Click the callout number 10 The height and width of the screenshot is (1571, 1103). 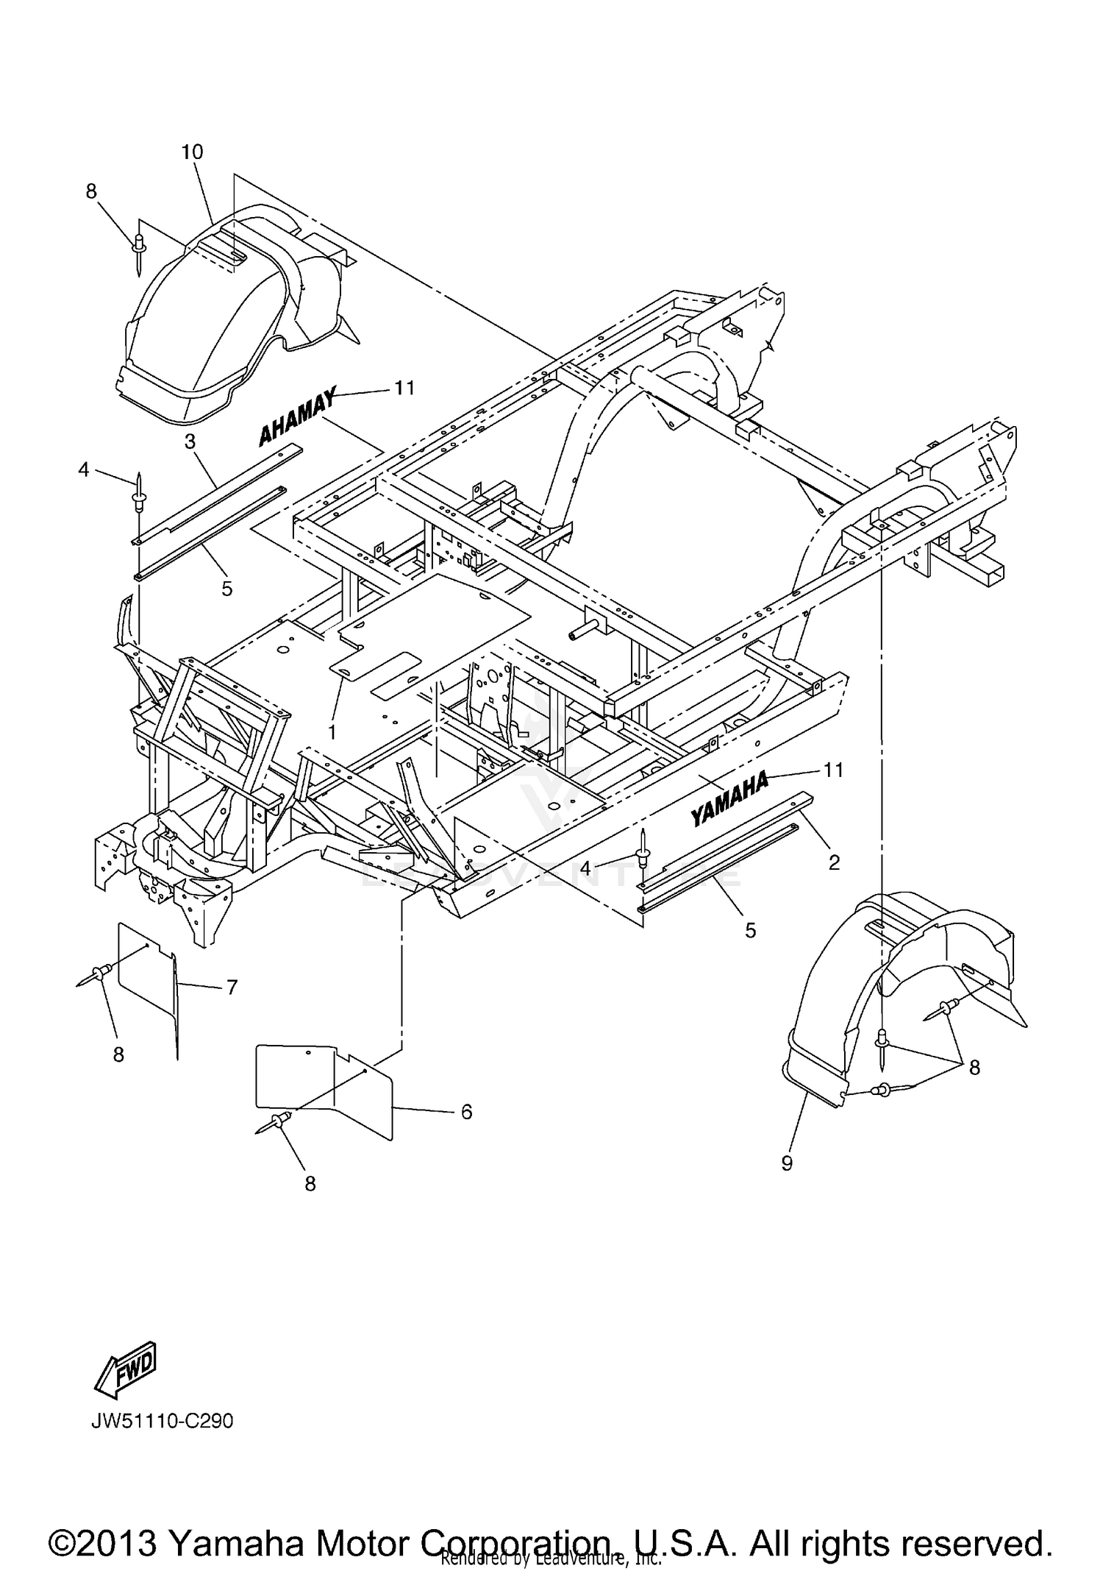[x=192, y=152]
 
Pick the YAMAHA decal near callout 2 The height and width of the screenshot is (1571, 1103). [x=729, y=798]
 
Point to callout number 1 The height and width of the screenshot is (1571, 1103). [x=332, y=732]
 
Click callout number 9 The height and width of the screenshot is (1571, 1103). [x=787, y=1163]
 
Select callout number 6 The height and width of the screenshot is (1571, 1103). [x=466, y=1111]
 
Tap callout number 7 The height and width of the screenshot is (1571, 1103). [x=232, y=987]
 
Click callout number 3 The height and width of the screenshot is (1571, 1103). [x=190, y=441]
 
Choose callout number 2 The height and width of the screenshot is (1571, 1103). [x=833, y=862]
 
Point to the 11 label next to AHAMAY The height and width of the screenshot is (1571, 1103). [x=404, y=388]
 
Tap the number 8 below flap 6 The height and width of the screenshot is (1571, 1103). [x=310, y=1183]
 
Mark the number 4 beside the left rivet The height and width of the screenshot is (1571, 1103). [x=84, y=469]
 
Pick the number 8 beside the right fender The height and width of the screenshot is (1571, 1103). [x=974, y=1067]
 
